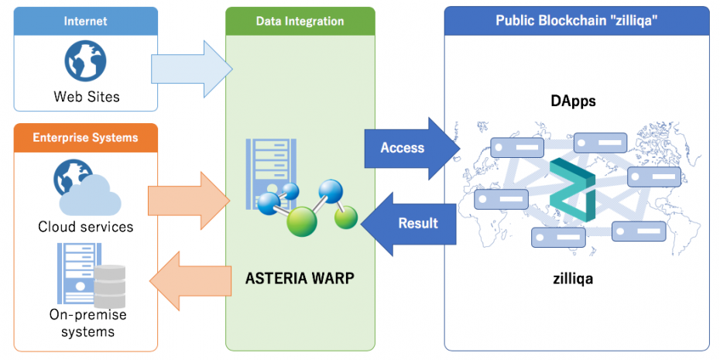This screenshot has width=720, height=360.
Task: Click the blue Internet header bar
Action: [x=85, y=21]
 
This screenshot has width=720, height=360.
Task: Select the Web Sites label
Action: [x=86, y=97]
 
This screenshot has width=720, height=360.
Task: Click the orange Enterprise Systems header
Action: [x=85, y=138]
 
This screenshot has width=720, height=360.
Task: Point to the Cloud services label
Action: [x=86, y=227]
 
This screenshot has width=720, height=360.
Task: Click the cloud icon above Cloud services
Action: [x=91, y=196]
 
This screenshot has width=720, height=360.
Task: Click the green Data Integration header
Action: [x=300, y=21]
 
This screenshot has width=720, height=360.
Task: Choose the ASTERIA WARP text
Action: [x=300, y=278]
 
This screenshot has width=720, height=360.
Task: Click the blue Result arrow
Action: [x=410, y=224]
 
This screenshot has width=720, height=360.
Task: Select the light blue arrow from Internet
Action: [x=190, y=70]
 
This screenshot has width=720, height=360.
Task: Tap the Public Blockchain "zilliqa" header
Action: [x=576, y=21]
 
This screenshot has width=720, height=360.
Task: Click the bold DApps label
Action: [x=573, y=101]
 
